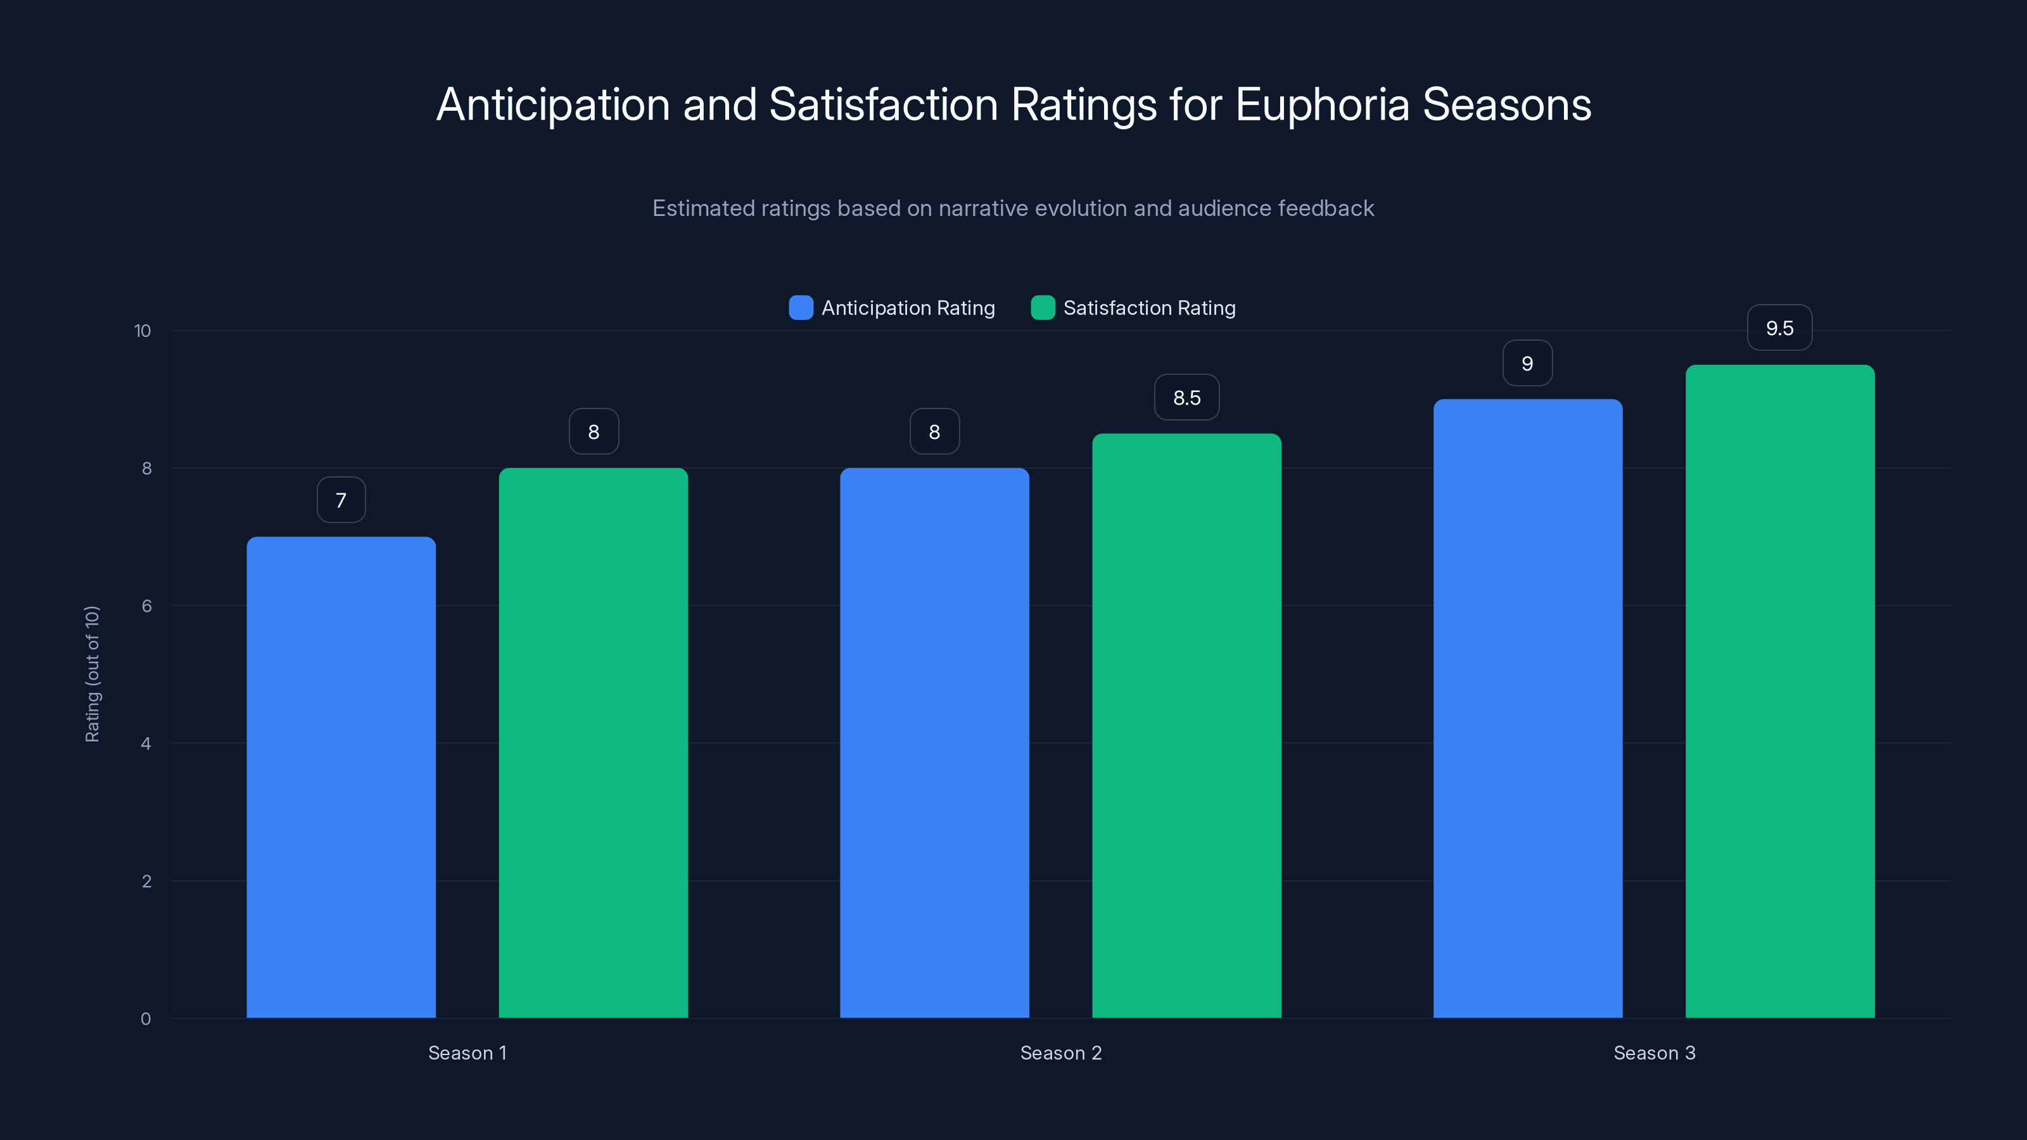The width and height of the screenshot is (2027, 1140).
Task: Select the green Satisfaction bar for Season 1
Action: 594,743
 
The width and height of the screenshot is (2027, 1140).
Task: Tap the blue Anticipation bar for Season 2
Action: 934,743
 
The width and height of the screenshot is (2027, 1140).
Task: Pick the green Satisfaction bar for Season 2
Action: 1186,725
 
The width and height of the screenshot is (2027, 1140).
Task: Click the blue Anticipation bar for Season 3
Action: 1527,708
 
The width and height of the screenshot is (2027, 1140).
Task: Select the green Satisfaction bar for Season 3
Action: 1780,691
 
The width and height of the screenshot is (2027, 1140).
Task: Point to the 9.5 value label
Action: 1779,328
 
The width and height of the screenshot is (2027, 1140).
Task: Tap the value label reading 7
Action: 341,500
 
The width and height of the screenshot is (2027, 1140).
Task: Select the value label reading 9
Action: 1527,364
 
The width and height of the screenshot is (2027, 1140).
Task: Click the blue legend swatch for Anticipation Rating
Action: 800,308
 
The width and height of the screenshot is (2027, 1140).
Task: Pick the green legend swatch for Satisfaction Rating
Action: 1043,308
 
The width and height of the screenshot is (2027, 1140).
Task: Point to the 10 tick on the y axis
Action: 143,331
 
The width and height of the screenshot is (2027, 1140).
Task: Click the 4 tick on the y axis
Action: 146,744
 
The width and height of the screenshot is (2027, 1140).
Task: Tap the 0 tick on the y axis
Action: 146,1019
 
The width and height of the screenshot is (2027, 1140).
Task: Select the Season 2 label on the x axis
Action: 1061,1053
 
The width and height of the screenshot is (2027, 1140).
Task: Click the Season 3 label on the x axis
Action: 1654,1053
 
